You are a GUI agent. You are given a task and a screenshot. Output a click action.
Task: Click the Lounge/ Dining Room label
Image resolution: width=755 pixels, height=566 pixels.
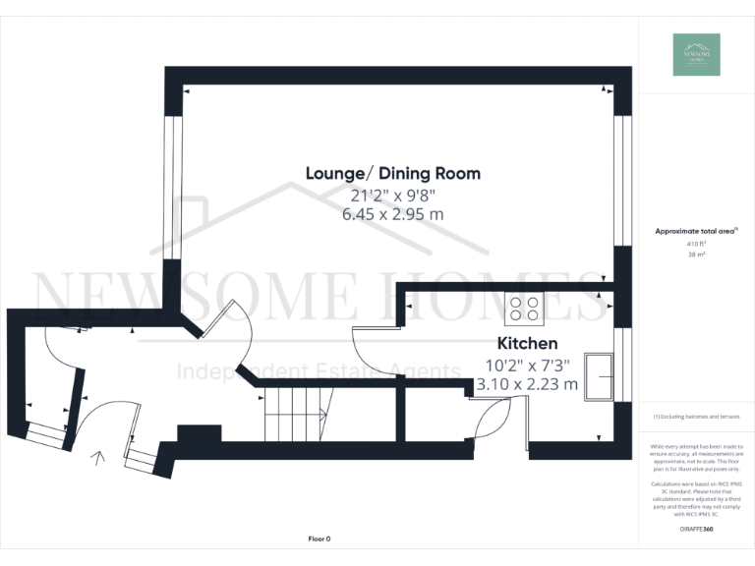tap(393, 174)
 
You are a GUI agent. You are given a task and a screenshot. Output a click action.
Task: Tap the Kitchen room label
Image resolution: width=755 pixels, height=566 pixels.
tap(527, 343)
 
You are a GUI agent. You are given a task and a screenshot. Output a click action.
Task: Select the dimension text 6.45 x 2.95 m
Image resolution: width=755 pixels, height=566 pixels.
tap(393, 214)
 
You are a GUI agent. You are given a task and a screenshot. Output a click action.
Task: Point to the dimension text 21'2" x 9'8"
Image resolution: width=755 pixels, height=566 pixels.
tap(393, 195)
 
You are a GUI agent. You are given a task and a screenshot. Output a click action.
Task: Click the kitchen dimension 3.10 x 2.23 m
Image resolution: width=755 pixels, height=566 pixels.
tap(527, 384)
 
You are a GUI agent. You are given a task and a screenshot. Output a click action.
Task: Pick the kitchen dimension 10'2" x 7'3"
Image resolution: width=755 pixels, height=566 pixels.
tap(527, 365)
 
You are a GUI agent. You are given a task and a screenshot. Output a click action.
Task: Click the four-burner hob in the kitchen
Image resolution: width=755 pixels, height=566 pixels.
tap(524, 309)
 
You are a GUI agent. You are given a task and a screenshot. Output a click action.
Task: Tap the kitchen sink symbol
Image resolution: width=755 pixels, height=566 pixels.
tap(598, 376)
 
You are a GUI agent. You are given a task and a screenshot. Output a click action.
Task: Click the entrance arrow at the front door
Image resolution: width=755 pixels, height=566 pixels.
tap(97, 458)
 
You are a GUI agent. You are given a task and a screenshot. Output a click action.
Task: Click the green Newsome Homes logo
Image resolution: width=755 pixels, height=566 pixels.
tap(696, 55)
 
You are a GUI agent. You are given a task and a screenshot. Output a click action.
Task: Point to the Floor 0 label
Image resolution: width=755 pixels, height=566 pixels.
tap(319, 539)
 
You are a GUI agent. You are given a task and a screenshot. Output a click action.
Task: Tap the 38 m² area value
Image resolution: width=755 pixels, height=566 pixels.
tap(696, 254)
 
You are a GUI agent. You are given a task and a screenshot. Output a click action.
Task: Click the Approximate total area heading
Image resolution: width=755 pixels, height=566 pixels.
tap(695, 231)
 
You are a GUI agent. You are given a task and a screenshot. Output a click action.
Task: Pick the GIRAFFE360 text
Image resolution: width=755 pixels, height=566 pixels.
tap(696, 530)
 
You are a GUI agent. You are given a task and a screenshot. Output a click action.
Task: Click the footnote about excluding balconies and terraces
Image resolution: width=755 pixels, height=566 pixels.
tap(696, 417)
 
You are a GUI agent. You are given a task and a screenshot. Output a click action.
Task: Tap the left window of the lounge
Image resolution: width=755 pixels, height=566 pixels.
tap(173, 188)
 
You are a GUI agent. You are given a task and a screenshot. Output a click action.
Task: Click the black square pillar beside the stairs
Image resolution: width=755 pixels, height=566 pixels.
tap(199, 433)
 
